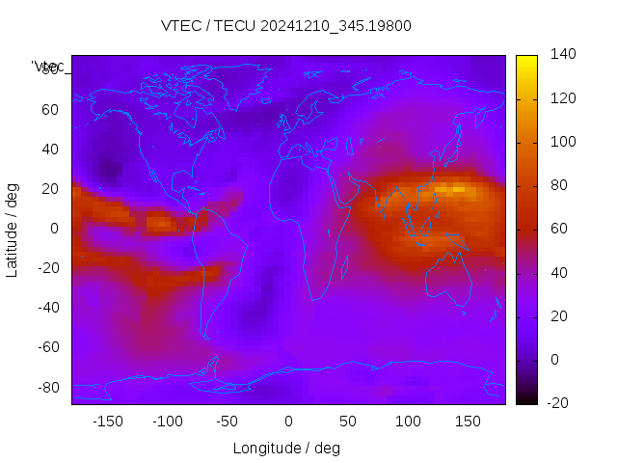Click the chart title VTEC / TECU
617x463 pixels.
click(x=286, y=26)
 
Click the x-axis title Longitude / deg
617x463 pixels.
click(x=286, y=448)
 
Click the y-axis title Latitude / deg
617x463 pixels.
click(x=13, y=229)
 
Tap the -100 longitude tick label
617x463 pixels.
click(x=168, y=421)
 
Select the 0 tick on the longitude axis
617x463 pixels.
click(x=288, y=421)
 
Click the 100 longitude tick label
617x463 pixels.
click(x=408, y=421)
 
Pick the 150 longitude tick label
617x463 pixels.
click(x=469, y=421)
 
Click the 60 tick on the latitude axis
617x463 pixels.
click(x=50, y=109)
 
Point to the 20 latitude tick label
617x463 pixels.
click(x=50, y=188)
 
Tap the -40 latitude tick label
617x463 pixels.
click(x=47, y=308)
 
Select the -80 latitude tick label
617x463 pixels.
click(x=47, y=387)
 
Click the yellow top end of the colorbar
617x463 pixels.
click(x=526, y=60)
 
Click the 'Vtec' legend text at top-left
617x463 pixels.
click(x=47, y=67)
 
